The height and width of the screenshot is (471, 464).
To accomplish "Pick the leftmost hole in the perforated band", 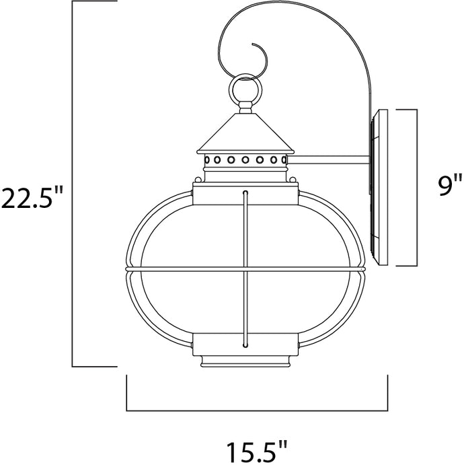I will (208, 160).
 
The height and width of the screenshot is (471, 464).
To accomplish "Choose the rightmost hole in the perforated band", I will (282, 160).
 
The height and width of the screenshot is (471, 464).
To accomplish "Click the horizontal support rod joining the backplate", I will (329, 160).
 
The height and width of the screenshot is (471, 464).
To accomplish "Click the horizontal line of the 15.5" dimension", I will (257, 410).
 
